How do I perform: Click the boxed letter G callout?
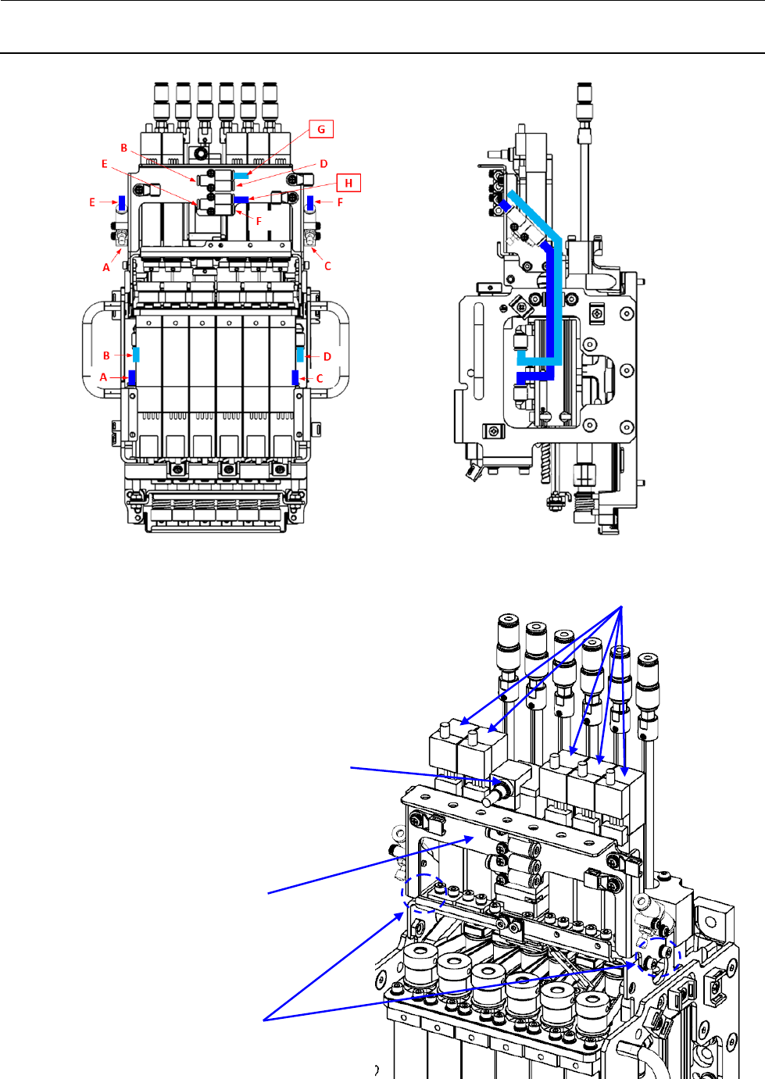pos(321,130)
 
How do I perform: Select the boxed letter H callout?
pos(349,183)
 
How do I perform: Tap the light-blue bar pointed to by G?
pos(241,176)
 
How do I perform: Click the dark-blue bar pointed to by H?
pos(241,200)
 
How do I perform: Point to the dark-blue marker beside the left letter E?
pos(121,202)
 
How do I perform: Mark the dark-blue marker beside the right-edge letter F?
pos(311,203)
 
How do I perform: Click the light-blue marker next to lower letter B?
pos(136,354)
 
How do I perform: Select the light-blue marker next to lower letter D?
pos(300,355)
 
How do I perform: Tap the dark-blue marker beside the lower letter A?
pos(132,378)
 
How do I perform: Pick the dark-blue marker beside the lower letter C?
pos(295,378)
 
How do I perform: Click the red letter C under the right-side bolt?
pos(327,266)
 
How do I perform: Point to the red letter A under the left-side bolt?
pos(106,267)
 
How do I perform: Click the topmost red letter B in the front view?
pos(123,148)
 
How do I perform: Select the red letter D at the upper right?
pos(324,164)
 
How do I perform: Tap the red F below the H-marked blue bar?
pos(259,221)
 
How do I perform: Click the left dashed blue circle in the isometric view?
pos(423,893)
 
